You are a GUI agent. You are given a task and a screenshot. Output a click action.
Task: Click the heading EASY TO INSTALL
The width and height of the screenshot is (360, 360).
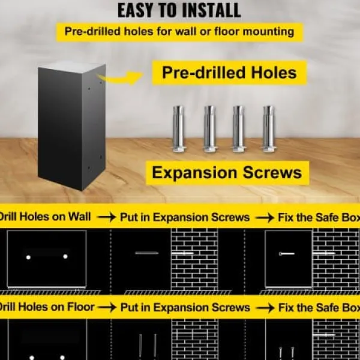click(179, 11)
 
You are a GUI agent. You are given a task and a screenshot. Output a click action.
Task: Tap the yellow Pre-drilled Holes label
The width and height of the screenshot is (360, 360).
click(229, 73)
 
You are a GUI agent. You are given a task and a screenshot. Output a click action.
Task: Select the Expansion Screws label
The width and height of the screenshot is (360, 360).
click(227, 173)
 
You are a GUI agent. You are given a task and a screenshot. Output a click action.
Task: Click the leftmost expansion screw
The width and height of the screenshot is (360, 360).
click(178, 129)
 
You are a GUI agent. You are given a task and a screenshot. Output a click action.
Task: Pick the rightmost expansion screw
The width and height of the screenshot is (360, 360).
click(268, 129)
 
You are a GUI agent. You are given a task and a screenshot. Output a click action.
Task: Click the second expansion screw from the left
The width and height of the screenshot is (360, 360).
click(209, 129)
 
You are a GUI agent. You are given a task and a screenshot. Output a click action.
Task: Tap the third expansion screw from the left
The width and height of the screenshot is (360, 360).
click(239, 129)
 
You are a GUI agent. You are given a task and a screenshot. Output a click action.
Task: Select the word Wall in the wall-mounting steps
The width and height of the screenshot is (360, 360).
click(79, 217)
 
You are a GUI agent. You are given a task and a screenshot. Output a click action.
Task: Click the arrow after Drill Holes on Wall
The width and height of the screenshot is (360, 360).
click(106, 217)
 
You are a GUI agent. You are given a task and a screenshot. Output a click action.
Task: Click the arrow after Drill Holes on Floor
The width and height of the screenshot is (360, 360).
click(107, 308)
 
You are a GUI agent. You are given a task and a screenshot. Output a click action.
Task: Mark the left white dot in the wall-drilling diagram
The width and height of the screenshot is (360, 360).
click(28, 257)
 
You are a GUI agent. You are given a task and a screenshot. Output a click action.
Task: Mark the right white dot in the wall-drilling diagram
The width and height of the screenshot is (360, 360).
click(65, 256)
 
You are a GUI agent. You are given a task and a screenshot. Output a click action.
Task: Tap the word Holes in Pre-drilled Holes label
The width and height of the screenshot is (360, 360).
click(274, 73)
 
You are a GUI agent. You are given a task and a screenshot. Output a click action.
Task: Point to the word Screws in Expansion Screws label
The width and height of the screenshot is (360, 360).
click(272, 173)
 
